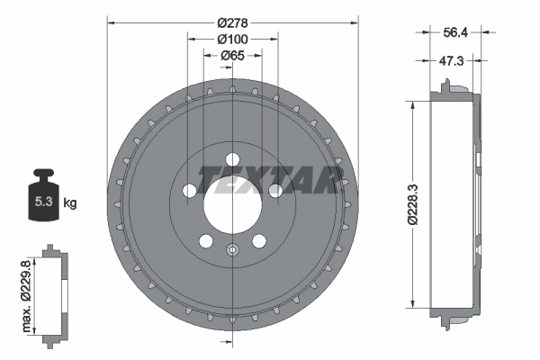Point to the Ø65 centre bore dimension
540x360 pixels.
coord(233,56)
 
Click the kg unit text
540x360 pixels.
coord(70,204)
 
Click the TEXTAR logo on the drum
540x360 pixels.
coord(269,177)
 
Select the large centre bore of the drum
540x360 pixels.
coord(233,198)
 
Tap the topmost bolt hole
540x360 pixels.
coord(233,160)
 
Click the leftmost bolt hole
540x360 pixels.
coord(190,191)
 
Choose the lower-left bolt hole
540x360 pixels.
coord(206,240)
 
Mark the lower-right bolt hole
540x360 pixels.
coord(260,240)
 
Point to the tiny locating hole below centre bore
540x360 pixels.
coord(233,251)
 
